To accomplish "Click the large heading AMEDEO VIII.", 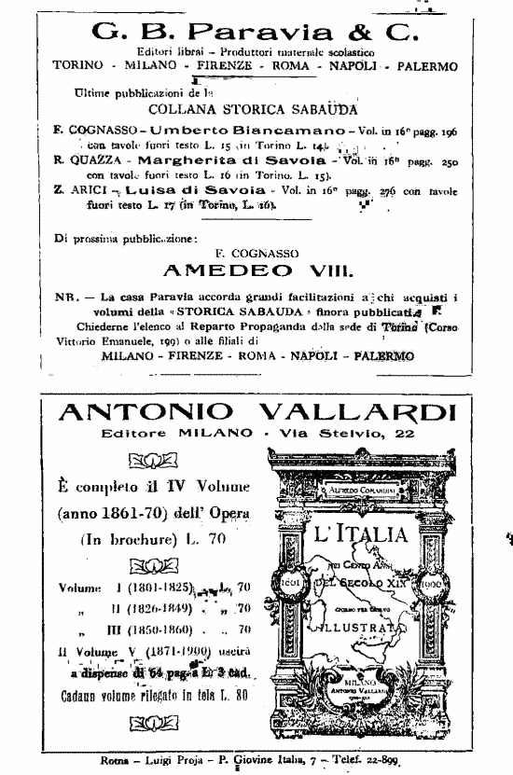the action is [x=256, y=271].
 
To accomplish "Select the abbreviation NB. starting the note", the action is [x=67, y=297].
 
